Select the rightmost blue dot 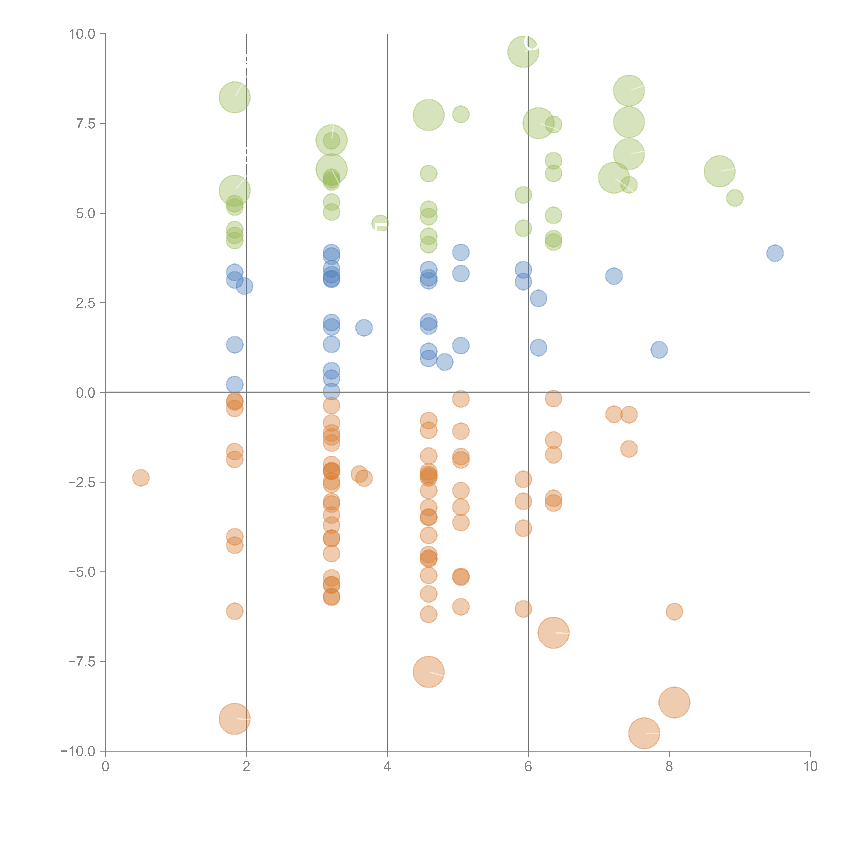pos(775,253)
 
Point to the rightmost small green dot pos(735,198)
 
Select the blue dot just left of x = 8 pos(659,349)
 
